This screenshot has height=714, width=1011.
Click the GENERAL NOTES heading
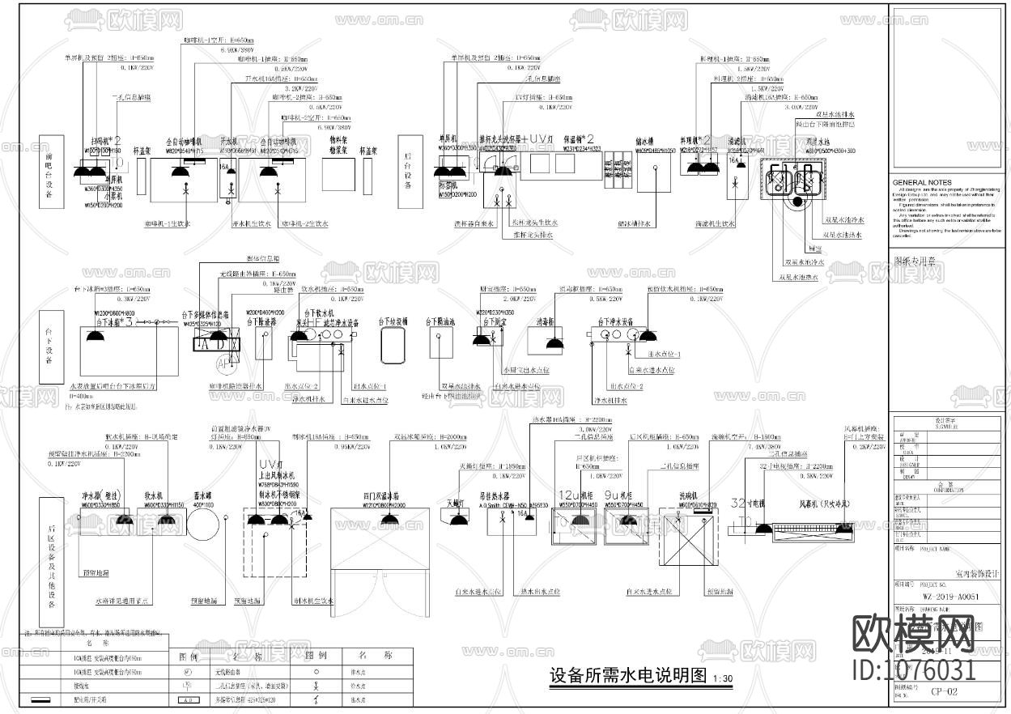coord(922,183)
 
